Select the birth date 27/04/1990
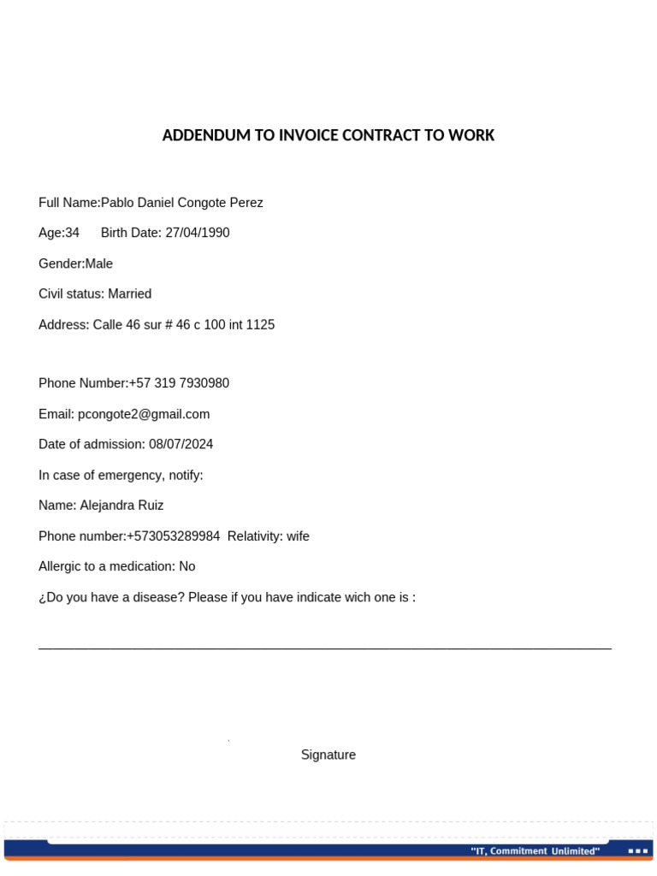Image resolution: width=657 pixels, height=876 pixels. click(197, 233)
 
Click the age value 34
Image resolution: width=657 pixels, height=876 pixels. click(72, 233)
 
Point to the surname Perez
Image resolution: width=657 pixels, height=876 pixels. click(246, 203)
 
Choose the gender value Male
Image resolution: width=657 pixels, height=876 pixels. click(98, 263)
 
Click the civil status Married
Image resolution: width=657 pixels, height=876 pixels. click(129, 293)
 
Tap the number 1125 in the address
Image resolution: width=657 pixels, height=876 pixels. click(260, 325)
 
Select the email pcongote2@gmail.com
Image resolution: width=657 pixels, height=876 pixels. click(144, 414)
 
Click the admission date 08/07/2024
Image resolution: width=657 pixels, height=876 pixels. click(181, 444)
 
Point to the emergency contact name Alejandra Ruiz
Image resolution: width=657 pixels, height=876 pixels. click(121, 506)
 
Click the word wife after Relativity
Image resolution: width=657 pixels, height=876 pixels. click(298, 536)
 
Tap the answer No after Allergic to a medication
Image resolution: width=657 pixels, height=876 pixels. click(186, 566)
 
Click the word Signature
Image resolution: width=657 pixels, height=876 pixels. click(328, 755)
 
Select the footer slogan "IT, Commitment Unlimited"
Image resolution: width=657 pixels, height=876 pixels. click(535, 851)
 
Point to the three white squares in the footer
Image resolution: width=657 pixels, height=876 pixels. click(637, 851)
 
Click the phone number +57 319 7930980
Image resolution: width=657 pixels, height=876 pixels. click(179, 383)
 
